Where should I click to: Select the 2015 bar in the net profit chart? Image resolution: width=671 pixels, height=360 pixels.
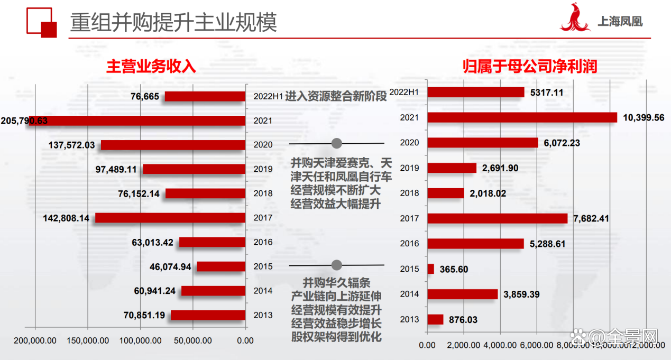(x=430, y=269)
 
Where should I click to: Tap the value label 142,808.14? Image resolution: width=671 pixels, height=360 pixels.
(x=66, y=218)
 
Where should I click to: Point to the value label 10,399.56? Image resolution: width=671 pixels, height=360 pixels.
(x=644, y=117)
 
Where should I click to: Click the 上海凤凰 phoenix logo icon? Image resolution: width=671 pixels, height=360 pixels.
(x=576, y=19)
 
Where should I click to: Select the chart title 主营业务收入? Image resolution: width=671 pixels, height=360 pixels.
(x=151, y=66)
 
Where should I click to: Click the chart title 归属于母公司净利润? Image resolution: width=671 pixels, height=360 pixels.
(x=530, y=66)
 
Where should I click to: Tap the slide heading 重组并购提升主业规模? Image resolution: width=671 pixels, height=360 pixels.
(x=174, y=23)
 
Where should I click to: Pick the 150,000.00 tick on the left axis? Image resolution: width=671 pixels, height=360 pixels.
(x=87, y=341)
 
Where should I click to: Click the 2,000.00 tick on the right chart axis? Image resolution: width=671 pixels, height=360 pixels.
(x=464, y=345)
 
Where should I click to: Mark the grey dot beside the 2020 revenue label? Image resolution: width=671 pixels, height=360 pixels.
(x=337, y=143)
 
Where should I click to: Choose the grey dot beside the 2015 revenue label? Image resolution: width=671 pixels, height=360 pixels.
(x=337, y=265)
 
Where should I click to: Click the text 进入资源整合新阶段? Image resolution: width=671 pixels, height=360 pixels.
(x=336, y=97)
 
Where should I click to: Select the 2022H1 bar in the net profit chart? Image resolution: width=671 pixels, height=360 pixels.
(x=476, y=93)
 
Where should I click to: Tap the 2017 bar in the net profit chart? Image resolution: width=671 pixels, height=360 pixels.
(x=497, y=218)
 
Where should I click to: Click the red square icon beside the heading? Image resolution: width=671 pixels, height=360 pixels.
(x=42, y=23)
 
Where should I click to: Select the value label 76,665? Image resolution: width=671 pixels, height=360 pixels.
(x=145, y=96)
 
